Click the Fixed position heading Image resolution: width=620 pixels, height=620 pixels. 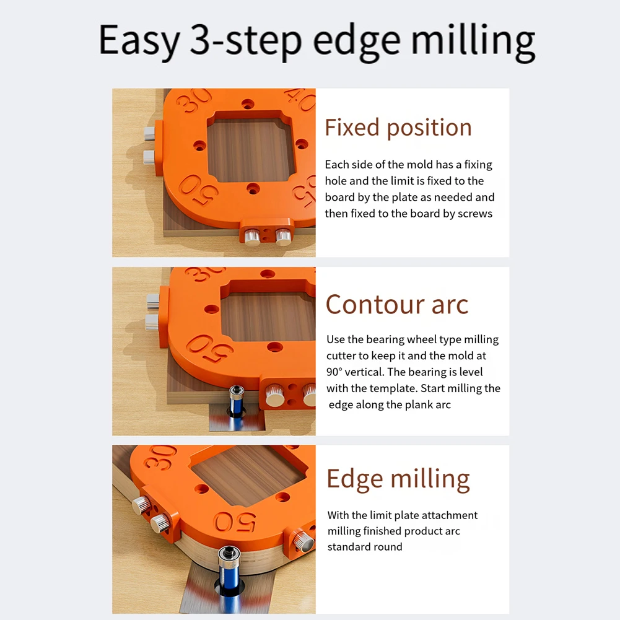[x=398, y=128]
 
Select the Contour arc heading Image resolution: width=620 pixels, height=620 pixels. [x=396, y=304]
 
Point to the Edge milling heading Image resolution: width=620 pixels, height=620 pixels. [x=398, y=479]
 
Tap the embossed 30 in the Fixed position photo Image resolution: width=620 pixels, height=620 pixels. [x=193, y=100]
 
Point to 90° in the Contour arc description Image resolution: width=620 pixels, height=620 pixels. [x=338, y=372]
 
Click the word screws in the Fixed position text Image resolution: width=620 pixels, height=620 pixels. [x=475, y=213]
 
